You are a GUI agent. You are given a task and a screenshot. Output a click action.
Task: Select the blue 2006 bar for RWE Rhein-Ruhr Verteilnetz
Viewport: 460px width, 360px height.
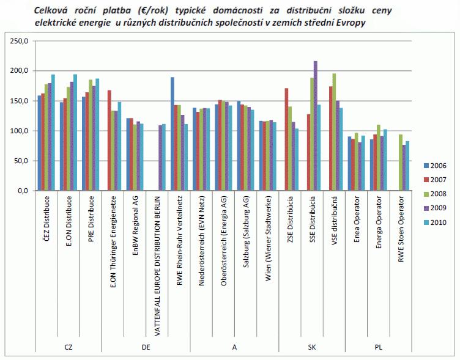(172, 134)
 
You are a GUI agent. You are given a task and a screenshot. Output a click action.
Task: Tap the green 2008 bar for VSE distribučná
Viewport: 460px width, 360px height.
(334, 132)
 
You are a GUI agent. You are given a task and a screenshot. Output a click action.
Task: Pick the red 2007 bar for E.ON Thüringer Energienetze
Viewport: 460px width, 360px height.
(109, 141)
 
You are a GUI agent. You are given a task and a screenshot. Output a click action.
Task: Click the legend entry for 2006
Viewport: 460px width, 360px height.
(434, 166)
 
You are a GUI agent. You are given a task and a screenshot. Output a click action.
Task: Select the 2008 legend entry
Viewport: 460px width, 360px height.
(434, 194)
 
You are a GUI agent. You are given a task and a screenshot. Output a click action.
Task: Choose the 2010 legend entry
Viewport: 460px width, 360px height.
(434, 222)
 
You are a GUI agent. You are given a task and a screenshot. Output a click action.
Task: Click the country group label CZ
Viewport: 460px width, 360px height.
(69, 347)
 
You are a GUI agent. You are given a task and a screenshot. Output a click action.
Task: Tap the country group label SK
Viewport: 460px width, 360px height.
(311, 347)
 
